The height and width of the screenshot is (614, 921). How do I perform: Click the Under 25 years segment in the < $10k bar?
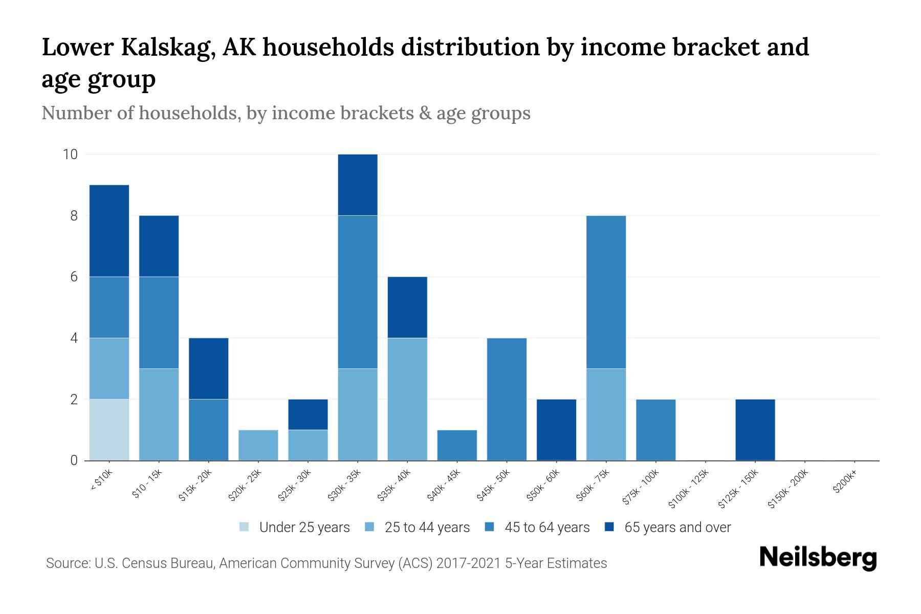coord(109,430)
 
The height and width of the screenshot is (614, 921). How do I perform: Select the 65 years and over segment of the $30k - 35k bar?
coord(358,185)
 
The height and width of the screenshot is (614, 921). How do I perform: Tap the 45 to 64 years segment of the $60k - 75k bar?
coord(606,292)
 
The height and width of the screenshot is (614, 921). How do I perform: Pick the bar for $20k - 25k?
coord(258,445)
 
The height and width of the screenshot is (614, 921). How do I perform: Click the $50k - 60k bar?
coord(556,430)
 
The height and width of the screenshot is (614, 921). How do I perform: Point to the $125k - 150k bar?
coord(755,430)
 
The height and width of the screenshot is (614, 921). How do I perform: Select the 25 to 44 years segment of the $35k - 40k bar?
coord(407,399)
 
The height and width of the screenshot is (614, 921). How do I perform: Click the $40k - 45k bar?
coord(457,445)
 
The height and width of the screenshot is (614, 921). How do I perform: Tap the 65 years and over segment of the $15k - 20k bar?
coord(208,368)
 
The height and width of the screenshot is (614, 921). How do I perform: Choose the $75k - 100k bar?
coord(655,430)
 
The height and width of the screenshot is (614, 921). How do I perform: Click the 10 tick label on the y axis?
coord(70,155)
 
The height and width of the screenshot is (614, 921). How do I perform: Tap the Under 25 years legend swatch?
coord(245,527)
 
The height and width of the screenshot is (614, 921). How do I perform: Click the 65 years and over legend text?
coord(677,528)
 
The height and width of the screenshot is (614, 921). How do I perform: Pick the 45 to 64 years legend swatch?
coord(490,527)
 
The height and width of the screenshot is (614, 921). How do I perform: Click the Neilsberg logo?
coord(818,558)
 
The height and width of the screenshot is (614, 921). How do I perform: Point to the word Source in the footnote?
coord(67,563)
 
